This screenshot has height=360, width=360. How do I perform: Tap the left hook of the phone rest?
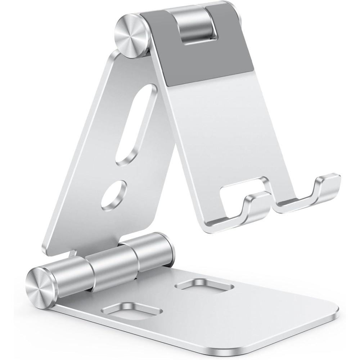pyautogui.click(x=255, y=204)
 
